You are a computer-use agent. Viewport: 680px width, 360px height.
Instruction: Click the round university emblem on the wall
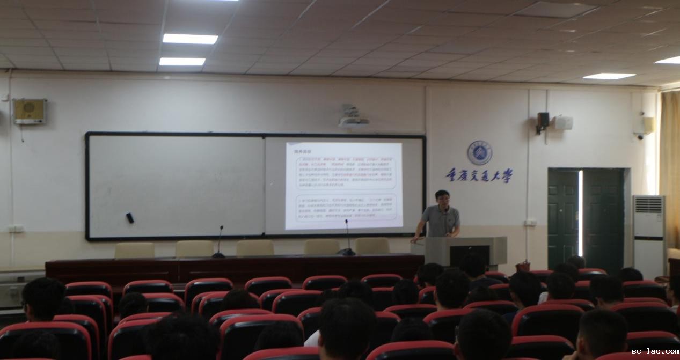coord(479,153)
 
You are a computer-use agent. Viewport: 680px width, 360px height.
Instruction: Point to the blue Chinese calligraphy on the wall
coord(479,175)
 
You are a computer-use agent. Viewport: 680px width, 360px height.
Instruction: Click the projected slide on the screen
coord(344,185)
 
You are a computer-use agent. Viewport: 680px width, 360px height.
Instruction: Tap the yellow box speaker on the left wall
coord(30,111)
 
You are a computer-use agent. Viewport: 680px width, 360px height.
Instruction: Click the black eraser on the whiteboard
coord(129,217)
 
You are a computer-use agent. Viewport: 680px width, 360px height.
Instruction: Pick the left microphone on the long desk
coord(219,242)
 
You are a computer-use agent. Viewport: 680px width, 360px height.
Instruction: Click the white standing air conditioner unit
coord(648,236)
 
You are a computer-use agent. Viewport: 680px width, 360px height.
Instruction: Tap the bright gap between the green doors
coord(580,214)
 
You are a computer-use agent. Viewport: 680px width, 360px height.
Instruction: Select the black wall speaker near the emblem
coord(543,120)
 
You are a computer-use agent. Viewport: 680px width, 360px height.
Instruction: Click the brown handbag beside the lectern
coord(523,266)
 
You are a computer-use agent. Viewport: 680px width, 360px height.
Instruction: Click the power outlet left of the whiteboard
coord(16,229)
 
